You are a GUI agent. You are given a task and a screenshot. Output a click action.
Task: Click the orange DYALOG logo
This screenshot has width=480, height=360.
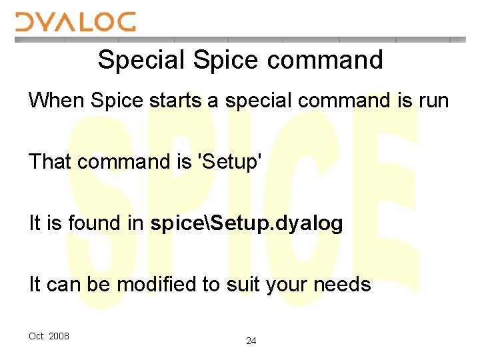pyautogui.click(x=75, y=21)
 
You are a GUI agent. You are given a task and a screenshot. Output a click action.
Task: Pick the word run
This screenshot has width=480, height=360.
pyautogui.click(x=433, y=101)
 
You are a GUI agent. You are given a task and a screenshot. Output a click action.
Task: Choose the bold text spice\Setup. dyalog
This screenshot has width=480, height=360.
pyautogui.click(x=247, y=223)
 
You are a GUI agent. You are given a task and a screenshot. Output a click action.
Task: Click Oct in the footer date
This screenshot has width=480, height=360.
pyautogui.click(x=36, y=336)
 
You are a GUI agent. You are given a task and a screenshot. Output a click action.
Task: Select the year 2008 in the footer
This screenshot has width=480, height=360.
pyautogui.click(x=59, y=336)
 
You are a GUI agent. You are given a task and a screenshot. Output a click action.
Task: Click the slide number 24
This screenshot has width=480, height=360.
pyautogui.click(x=251, y=341)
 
